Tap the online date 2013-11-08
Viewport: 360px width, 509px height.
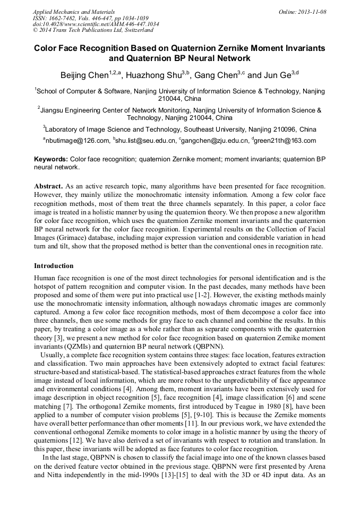[x=310, y=11]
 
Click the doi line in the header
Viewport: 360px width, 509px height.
[x=96, y=24]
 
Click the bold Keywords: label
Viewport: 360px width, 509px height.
[x=51, y=159]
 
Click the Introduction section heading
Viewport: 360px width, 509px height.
[x=54, y=265]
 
